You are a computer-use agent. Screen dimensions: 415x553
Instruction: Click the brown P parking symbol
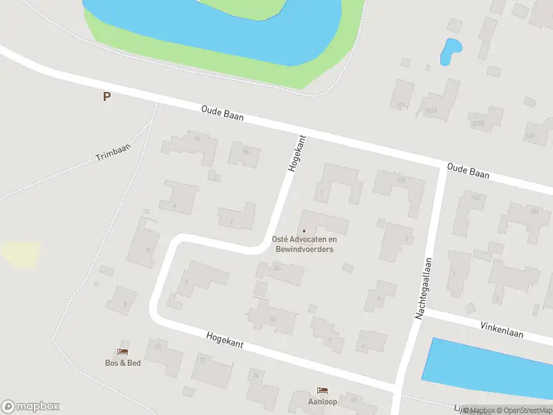click(x=106, y=97)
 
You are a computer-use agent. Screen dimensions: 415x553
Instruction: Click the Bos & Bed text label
click(x=123, y=363)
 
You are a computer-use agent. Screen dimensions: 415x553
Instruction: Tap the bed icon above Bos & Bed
click(x=124, y=351)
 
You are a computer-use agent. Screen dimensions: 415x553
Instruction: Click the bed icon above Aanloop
click(x=322, y=390)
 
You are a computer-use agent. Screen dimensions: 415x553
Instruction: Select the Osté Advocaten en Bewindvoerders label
click(x=304, y=244)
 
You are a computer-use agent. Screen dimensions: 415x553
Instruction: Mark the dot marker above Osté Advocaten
click(x=304, y=231)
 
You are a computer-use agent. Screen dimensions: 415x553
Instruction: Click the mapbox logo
click(x=30, y=407)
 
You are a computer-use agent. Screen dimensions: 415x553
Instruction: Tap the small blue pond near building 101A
click(x=451, y=50)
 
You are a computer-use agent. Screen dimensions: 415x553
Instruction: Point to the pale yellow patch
click(x=19, y=254)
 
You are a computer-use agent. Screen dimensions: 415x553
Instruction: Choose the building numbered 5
click(x=200, y=280)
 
